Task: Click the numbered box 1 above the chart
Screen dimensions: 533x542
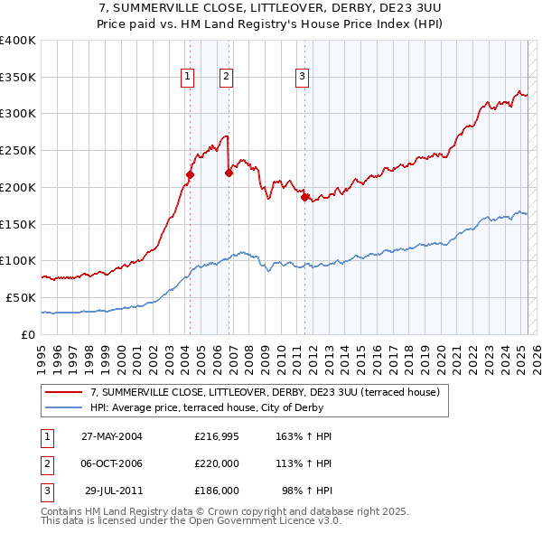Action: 186,77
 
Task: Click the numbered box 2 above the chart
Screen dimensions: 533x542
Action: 225,77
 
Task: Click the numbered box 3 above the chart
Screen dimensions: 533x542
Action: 301,77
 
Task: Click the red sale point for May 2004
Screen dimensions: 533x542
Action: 191,174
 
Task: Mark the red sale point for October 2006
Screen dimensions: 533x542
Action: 229,173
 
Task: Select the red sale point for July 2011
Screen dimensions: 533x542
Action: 304,197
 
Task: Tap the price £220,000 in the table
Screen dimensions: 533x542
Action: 217,463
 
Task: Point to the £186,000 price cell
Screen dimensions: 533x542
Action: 217,491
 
